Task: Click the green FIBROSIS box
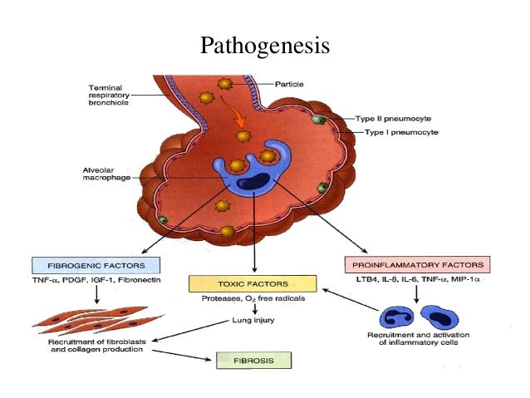(253, 360)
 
